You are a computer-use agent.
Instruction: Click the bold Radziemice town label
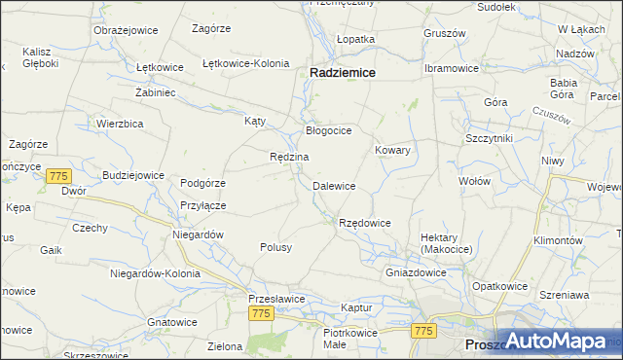[x=344, y=72]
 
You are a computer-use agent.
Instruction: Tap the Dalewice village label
[x=333, y=185]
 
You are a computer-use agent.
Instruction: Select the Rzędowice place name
[x=364, y=223]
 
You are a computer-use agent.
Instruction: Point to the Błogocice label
[x=328, y=129]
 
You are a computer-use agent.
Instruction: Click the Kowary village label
[x=392, y=151]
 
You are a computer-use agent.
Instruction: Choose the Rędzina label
[x=289, y=157]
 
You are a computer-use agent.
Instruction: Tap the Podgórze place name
[x=203, y=183]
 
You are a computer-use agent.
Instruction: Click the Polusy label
[x=275, y=247]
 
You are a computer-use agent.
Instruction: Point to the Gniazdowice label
[x=416, y=272]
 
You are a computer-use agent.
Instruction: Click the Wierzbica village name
[x=120, y=124]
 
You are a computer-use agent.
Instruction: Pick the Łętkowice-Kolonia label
[x=245, y=63]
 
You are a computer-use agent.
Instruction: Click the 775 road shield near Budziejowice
[x=58, y=176]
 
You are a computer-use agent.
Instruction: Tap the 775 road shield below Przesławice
[x=260, y=313]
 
